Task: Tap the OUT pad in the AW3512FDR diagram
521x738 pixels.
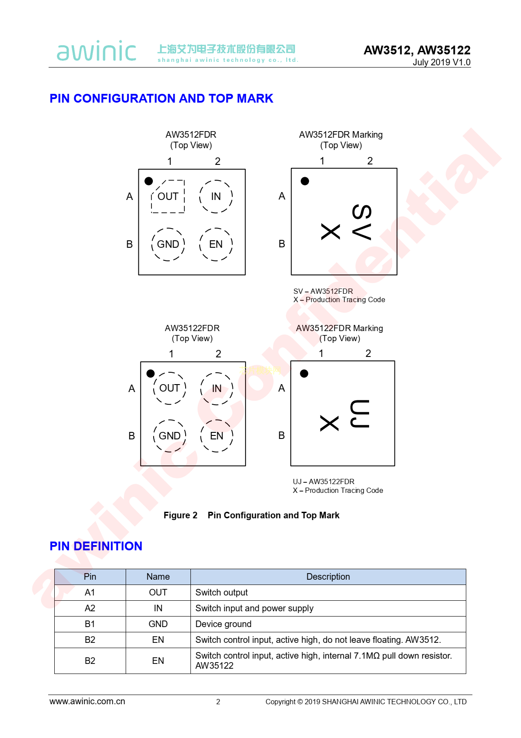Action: click(168, 196)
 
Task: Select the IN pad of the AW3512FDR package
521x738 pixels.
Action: click(216, 196)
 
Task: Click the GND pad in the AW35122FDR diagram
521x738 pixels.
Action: click(169, 435)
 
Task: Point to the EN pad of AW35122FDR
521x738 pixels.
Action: click(216, 435)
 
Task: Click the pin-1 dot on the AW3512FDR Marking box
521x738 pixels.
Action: click(305, 181)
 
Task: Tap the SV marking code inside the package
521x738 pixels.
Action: click(362, 222)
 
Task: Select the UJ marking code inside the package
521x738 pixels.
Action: click(360, 414)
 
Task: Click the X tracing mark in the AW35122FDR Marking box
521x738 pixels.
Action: click(329, 423)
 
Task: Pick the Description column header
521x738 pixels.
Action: click(328, 577)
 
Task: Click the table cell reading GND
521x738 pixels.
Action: click(158, 624)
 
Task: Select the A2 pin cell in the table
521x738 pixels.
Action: click(90, 608)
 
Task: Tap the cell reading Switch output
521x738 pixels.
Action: click(328, 592)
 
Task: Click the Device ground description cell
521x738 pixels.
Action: click(328, 624)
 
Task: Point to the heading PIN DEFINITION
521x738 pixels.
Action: click(96, 546)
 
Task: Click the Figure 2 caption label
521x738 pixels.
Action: click(180, 515)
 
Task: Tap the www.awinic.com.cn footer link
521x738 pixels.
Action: click(87, 702)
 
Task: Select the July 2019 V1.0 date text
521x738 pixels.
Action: click(441, 62)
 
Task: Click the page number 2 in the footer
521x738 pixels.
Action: click(218, 702)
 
